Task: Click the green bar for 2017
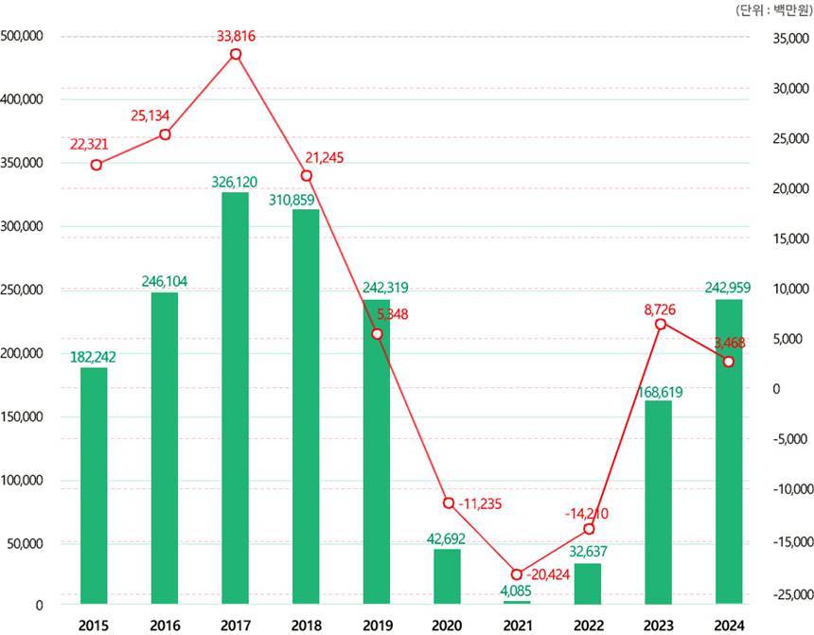235,397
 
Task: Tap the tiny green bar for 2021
517,602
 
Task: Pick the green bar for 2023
658,502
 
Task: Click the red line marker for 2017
236,54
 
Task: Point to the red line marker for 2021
517,574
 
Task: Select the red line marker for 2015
96,165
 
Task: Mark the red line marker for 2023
660,324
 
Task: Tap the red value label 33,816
236,37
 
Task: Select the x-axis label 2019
377,625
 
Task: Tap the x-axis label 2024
729,625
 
